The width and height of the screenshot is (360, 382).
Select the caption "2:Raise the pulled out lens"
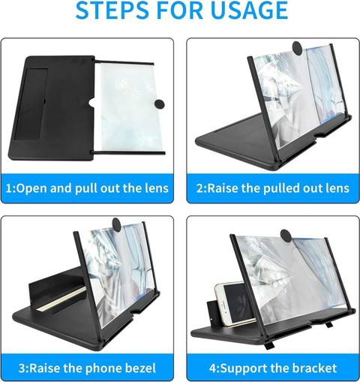pyautogui.click(x=273, y=188)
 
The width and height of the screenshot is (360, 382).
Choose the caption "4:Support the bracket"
pyautogui.click(x=273, y=368)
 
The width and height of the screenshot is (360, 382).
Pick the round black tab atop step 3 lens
pyautogui.click(x=117, y=223)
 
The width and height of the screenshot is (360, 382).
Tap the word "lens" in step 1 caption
pyautogui.click(x=155, y=188)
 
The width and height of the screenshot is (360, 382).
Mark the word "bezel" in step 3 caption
pyautogui.click(x=140, y=368)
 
